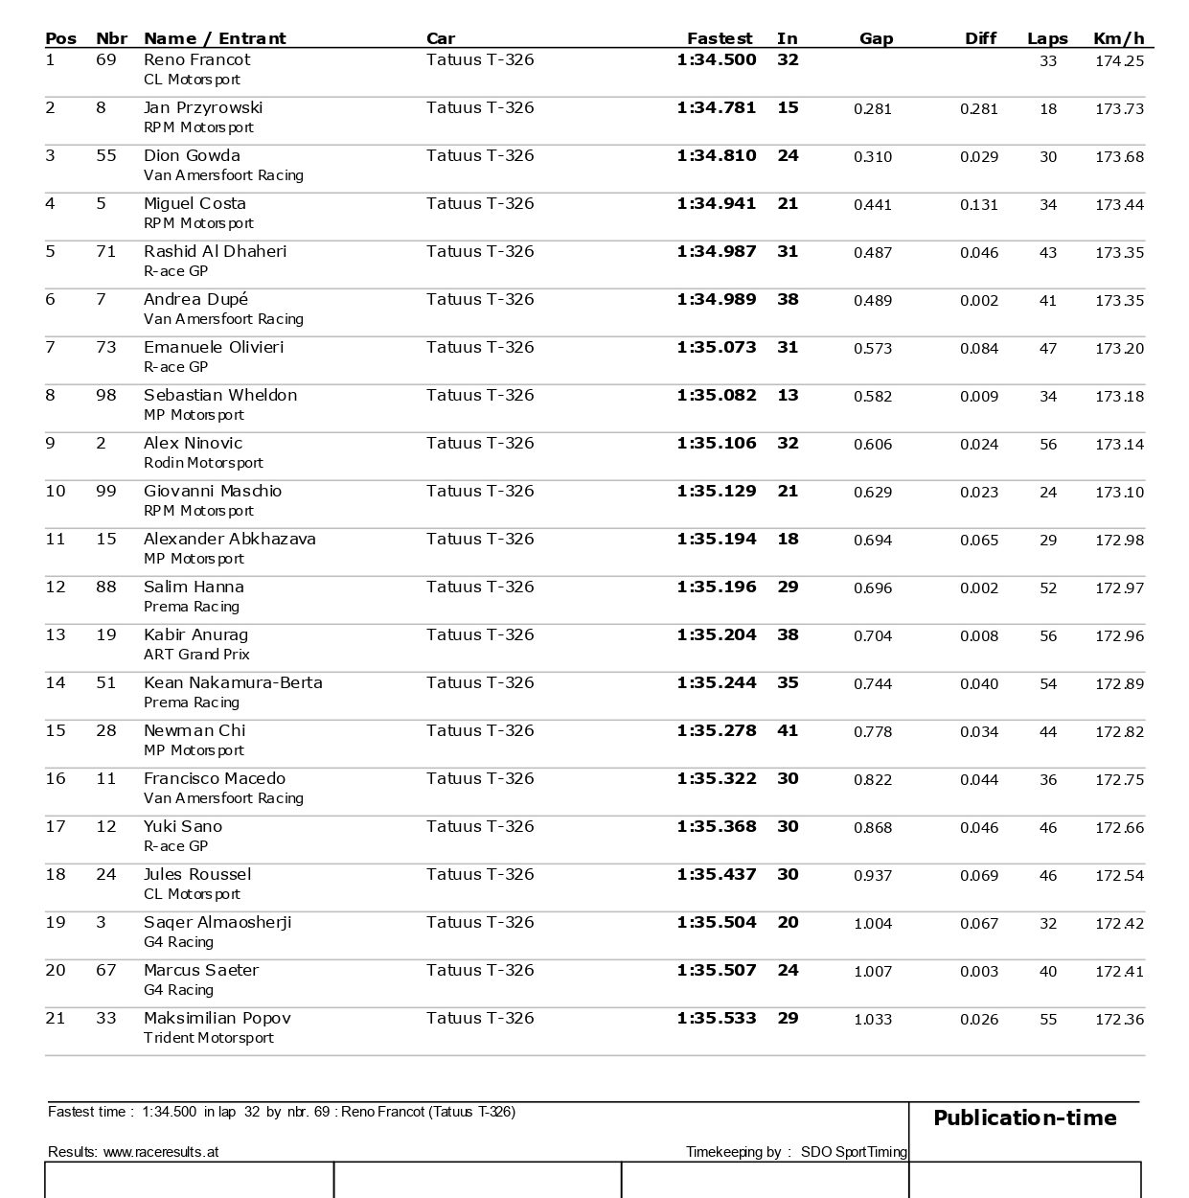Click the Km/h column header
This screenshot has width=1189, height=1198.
[1118, 38]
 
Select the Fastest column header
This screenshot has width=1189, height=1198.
[719, 38]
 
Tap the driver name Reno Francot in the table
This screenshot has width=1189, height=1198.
[196, 59]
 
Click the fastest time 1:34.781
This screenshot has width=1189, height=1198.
[716, 107]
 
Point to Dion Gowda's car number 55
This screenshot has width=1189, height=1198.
[105, 155]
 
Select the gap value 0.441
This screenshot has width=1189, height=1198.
[872, 204]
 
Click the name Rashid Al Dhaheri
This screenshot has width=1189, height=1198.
[215, 251]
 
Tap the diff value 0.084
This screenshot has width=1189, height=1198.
[978, 348]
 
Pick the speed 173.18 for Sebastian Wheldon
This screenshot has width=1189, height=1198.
[1119, 396]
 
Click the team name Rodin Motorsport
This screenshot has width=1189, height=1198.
[203, 463]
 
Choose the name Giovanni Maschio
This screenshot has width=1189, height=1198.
[213, 491]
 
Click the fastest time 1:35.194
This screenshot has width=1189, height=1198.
[716, 539]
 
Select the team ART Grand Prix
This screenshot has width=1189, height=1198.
[196, 655]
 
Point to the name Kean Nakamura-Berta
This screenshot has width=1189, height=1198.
[233, 682]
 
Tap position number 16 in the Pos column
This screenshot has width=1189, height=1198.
[56, 778]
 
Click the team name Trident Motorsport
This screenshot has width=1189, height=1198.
[208, 1038]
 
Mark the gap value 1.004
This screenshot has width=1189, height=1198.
[872, 923]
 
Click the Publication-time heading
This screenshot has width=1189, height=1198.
[1024, 1117]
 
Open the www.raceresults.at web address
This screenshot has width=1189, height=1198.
[160, 1151]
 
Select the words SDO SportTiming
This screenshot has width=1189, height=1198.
[854, 1151]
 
